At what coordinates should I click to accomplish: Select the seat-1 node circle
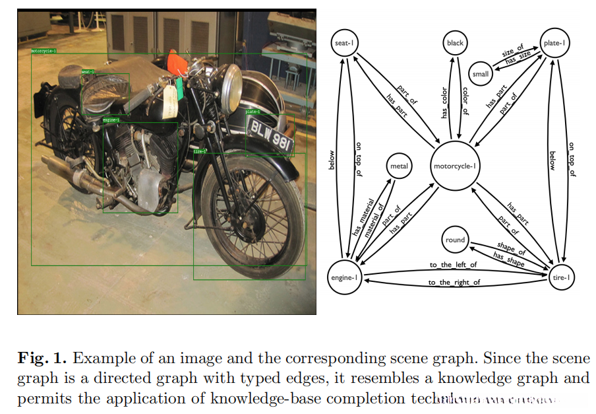coord(343,44)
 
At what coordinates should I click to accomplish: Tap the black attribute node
coord(455,44)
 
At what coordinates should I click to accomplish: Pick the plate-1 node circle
coord(555,44)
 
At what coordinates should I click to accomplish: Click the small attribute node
coord(481,73)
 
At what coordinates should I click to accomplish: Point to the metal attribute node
coord(400,166)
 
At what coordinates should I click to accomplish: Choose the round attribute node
coord(455,240)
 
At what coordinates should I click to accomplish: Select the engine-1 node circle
coord(343,278)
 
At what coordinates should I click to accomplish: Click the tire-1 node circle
coord(560,278)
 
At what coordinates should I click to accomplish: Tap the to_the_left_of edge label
coord(453,265)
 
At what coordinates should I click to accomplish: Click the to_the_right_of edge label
coord(454,283)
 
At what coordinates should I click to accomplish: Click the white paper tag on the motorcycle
coord(170,100)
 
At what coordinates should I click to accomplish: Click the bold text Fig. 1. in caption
coord(42,359)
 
